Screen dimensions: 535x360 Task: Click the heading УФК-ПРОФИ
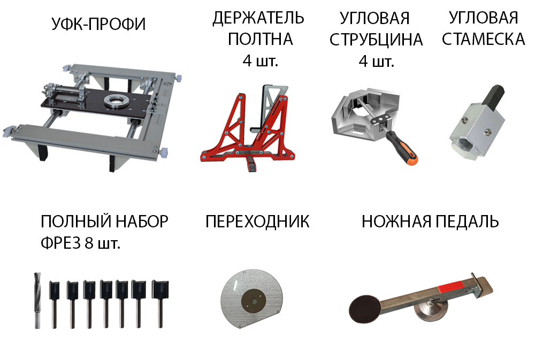(98, 24)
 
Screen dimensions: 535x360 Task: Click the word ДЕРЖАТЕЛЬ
(258, 18)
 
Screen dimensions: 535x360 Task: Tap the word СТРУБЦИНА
(376, 40)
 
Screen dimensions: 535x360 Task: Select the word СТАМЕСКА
(484, 39)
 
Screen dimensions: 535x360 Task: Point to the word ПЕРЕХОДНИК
(258, 221)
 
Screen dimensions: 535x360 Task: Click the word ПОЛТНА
(261, 39)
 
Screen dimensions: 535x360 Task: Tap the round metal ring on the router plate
(117, 101)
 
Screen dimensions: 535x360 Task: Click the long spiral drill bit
(37, 301)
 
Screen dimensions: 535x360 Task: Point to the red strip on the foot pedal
(450, 285)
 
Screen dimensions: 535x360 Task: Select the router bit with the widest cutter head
(160, 304)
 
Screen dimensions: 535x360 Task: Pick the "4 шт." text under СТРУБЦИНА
(376, 62)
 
